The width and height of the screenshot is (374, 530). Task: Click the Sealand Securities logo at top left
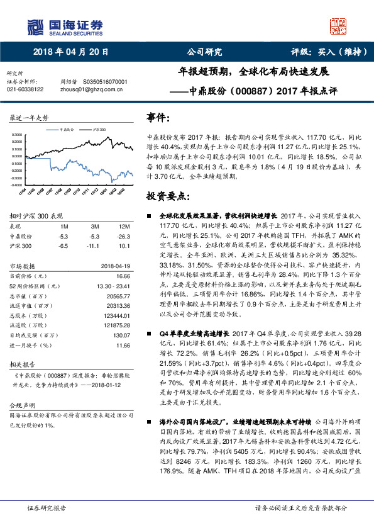(65, 26)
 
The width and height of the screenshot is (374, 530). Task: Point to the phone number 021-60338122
(25, 89)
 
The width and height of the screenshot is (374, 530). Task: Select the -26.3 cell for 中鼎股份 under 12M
(122, 236)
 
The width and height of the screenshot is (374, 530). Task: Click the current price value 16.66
(123, 276)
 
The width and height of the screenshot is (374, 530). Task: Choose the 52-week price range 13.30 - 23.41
(113, 285)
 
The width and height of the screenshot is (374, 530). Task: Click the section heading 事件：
(158, 118)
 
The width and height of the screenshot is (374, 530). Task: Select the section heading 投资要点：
(164, 196)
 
